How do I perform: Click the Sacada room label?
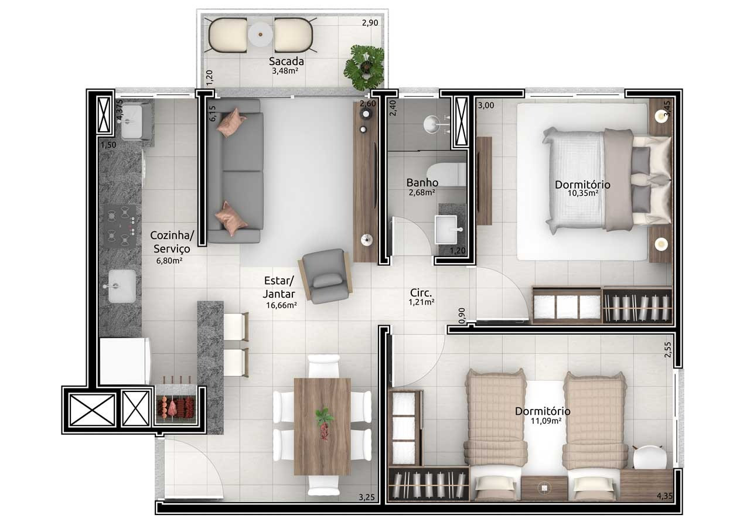[x=287, y=62]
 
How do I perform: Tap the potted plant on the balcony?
[x=364, y=67]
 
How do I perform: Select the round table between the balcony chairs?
[x=260, y=34]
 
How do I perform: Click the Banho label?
[x=422, y=182]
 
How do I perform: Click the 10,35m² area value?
[x=583, y=193]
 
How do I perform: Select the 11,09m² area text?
[x=546, y=421]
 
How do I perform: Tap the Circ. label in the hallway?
[x=421, y=292]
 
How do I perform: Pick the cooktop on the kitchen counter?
[x=120, y=226]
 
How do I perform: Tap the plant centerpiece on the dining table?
[x=324, y=423]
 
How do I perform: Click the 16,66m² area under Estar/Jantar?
[x=281, y=305]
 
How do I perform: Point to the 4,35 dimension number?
[x=664, y=496]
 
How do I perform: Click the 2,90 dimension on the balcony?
[x=370, y=23]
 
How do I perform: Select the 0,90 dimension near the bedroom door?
[x=462, y=316]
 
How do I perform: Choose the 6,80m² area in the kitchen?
[x=169, y=261]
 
